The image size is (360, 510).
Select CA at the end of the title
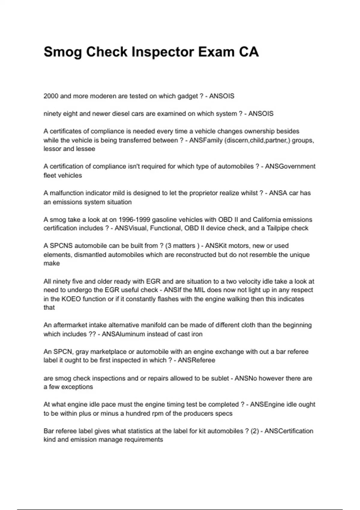click(249, 52)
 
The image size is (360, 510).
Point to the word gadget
click(187, 96)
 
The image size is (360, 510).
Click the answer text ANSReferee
click(196, 360)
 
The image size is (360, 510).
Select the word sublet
click(220, 378)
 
